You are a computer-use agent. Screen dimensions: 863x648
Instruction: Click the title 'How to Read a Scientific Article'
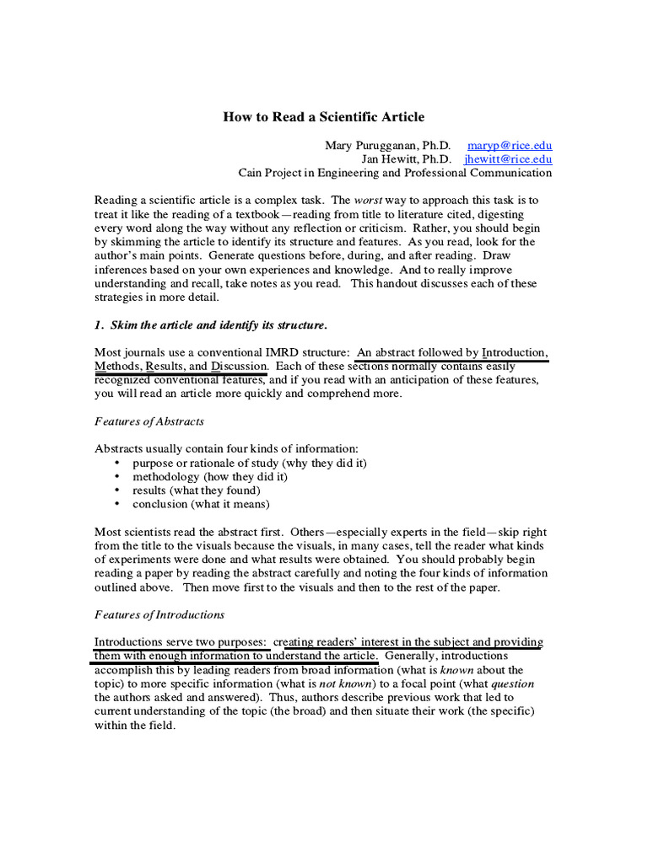tap(323, 116)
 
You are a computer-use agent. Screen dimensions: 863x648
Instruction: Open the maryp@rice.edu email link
tap(510, 145)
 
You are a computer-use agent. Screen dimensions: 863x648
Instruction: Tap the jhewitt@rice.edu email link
tap(508, 158)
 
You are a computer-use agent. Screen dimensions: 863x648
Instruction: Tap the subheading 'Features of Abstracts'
tap(148, 421)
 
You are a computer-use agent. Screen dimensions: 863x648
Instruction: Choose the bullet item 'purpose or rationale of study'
tap(249, 463)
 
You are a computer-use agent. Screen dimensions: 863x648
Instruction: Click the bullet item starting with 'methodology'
tap(209, 476)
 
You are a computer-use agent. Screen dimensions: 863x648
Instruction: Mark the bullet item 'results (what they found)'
tap(196, 490)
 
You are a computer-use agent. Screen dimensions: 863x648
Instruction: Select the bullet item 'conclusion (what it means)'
tap(201, 503)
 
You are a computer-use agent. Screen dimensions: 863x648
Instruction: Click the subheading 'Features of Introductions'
tap(159, 614)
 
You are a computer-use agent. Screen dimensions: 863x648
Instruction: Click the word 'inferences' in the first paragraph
tap(123, 269)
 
